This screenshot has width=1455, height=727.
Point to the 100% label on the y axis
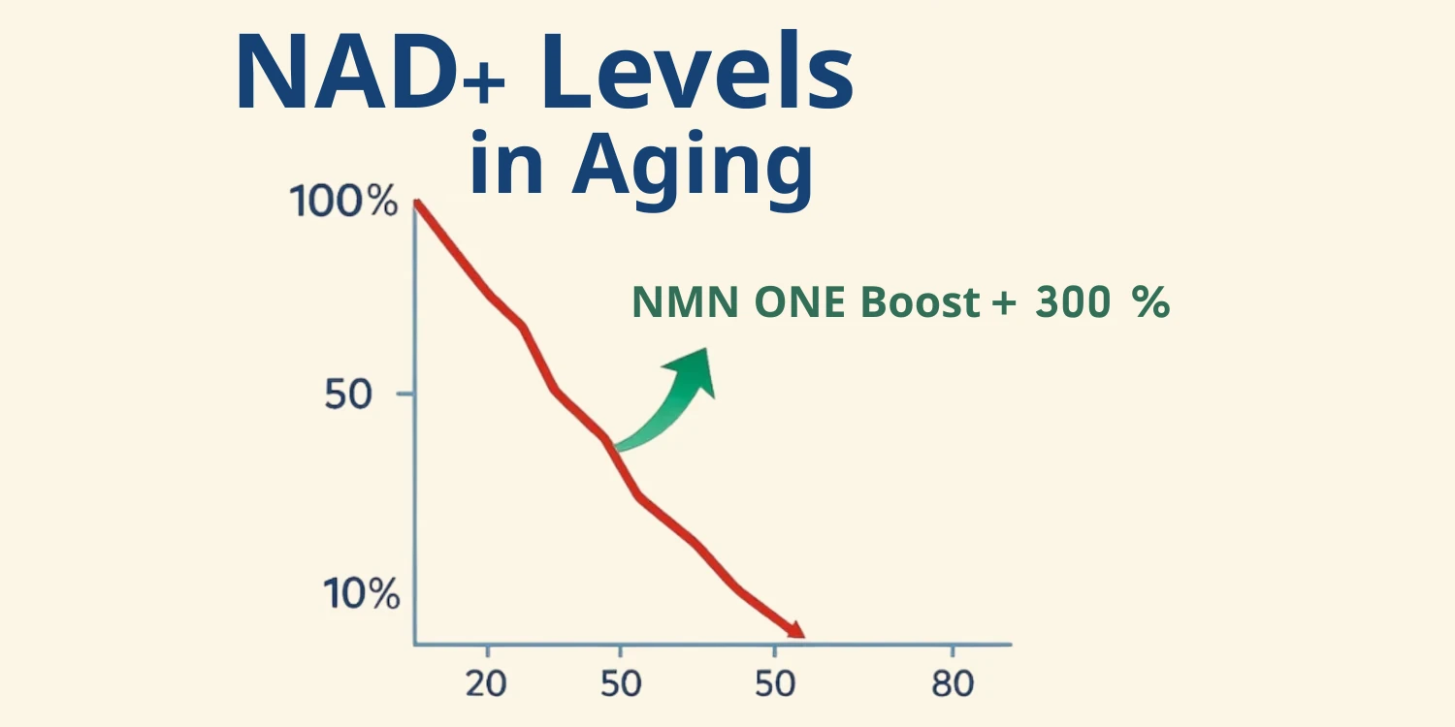point(343,202)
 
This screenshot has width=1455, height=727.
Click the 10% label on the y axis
point(361,593)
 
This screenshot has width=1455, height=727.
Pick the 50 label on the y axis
point(348,394)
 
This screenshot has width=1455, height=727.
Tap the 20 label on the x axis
point(486,683)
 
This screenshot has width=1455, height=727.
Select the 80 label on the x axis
point(953,683)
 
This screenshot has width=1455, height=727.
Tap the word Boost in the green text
point(920,301)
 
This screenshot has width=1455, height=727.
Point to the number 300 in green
point(1073,301)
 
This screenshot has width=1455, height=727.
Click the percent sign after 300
point(1150,301)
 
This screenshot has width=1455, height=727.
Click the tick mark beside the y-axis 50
point(405,394)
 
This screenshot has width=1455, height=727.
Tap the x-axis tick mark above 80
point(953,651)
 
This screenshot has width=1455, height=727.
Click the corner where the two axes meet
point(415,645)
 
